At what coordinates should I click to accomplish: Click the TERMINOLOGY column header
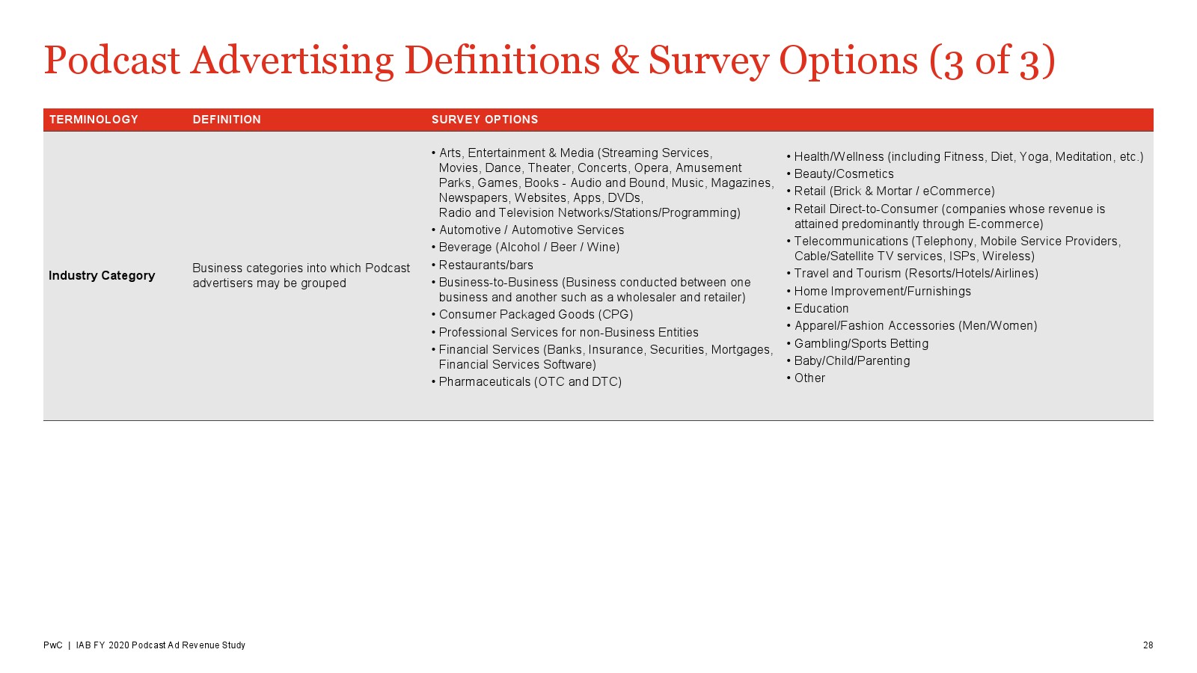click(x=94, y=120)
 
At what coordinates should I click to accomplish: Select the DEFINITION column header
click(x=227, y=120)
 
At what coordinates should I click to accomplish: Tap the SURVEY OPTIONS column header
click(x=485, y=120)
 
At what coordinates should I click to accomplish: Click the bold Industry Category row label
click(x=102, y=276)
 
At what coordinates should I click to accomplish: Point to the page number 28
click(x=1148, y=645)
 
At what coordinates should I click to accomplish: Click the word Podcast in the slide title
click(x=111, y=61)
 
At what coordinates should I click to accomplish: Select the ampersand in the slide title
click(x=624, y=61)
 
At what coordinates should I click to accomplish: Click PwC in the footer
click(x=53, y=645)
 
